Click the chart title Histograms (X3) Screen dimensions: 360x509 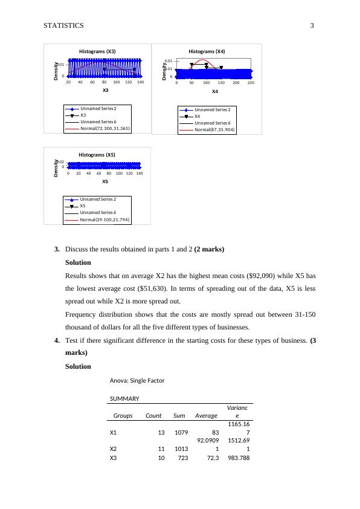(x=97, y=51)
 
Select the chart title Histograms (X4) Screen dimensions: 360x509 (x=207, y=51)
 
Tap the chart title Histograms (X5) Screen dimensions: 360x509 (x=97, y=155)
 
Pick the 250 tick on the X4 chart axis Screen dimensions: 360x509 (x=251, y=83)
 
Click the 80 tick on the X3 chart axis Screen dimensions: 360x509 (x=104, y=82)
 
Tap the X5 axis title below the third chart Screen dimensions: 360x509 (x=105, y=181)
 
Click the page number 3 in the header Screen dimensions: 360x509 (x=312, y=25)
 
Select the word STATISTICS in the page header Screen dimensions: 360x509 (x=63, y=25)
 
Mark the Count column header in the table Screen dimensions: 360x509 (x=153, y=415)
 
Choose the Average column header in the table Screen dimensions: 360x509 (x=206, y=416)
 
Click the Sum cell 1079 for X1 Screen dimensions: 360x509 (x=181, y=432)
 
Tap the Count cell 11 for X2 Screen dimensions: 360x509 (x=161, y=449)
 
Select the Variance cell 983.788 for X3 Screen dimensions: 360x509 (x=239, y=458)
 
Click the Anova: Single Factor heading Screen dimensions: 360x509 (x=137, y=380)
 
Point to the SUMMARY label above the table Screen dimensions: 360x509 (x=124, y=398)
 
